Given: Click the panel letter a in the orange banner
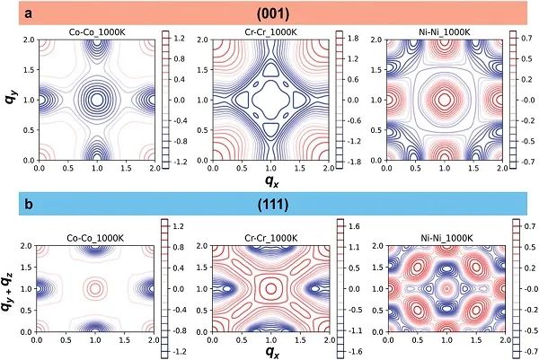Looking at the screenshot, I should tap(30, 13).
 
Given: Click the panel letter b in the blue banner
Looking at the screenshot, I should tap(30, 203).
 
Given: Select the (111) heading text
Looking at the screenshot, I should tap(270, 203).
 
